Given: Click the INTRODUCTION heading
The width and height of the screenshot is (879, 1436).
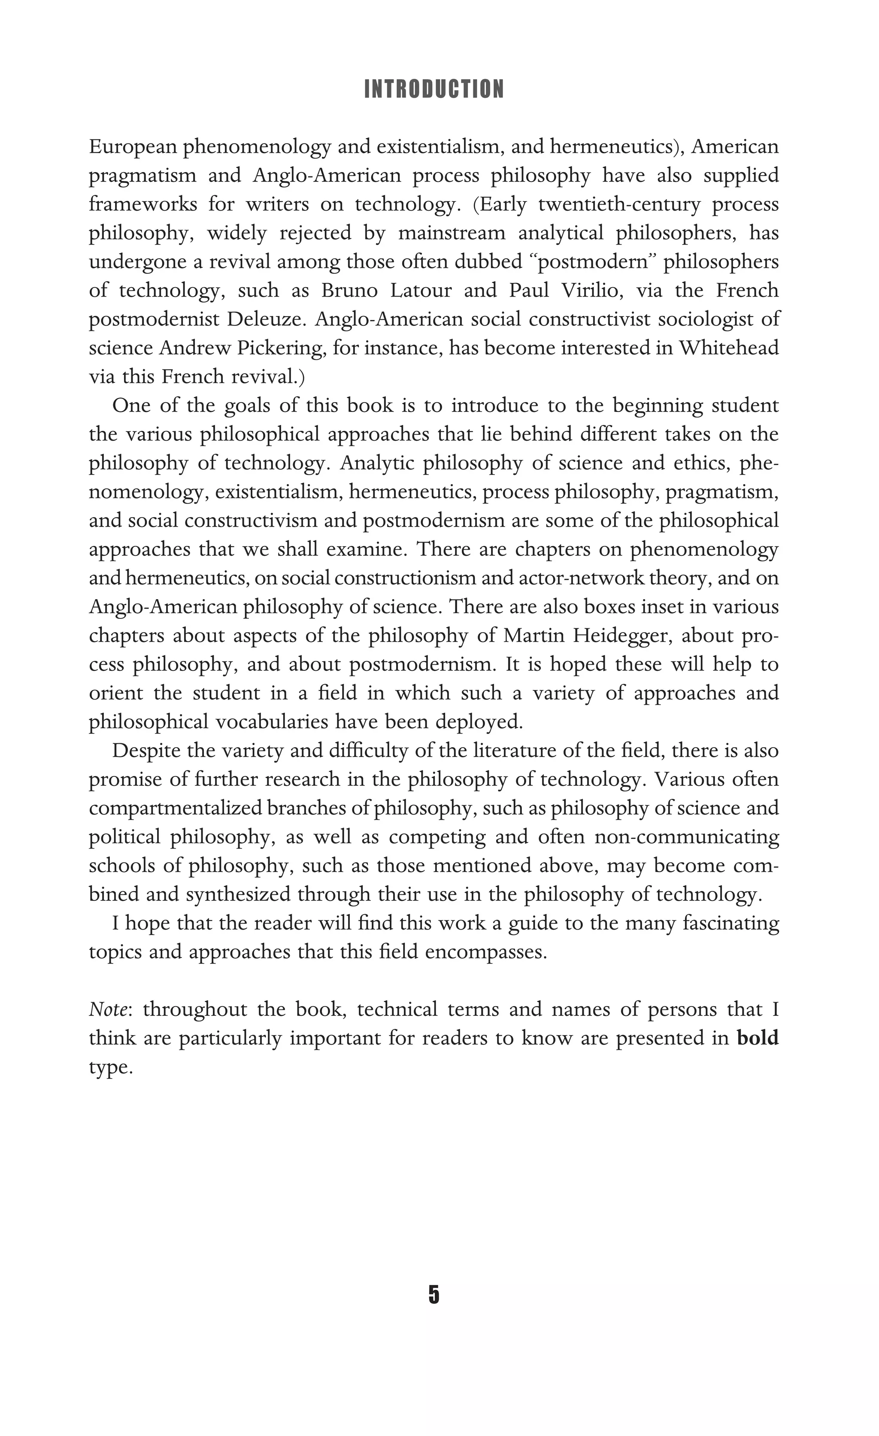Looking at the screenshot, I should (x=433, y=89).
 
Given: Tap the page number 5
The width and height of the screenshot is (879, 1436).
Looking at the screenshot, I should (x=433, y=1294).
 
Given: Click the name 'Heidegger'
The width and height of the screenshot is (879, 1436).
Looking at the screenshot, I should (x=619, y=635).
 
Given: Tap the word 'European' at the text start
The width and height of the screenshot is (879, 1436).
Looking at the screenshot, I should (x=132, y=146).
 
